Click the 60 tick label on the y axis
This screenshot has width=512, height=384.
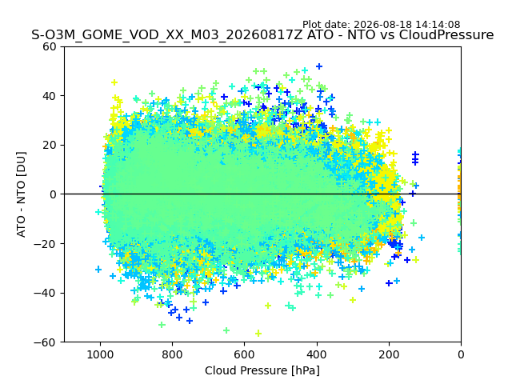[50, 46]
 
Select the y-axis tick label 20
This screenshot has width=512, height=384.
[50, 145]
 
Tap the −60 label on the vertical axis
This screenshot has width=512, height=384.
[45, 342]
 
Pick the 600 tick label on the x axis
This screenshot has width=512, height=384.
[244, 354]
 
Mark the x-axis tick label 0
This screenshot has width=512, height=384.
[461, 354]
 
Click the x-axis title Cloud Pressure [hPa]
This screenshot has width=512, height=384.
[262, 370]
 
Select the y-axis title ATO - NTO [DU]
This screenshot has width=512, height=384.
[22, 194]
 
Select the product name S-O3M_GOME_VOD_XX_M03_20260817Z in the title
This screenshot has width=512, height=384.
[167, 35]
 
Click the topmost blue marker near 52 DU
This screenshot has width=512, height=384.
[319, 66]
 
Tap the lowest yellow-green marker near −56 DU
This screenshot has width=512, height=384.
[258, 333]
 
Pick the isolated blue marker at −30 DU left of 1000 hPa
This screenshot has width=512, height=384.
[98, 270]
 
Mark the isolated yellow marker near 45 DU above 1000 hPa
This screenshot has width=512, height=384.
[114, 82]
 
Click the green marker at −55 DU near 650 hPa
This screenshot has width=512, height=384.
[226, 330]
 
